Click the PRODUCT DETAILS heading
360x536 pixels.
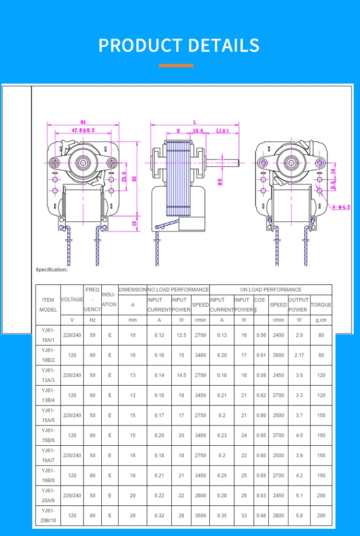point(179,45)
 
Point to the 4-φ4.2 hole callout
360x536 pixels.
point(341,207)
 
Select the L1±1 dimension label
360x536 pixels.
point(222,131)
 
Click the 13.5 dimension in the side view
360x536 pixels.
point(198,131)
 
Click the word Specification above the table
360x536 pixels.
point(52,269)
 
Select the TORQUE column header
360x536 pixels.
point(321,305)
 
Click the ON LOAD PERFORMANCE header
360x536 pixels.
point(271,290)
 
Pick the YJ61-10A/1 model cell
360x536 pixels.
point(48,335)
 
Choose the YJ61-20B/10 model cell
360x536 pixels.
point(48,515)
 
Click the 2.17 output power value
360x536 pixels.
point(299,355)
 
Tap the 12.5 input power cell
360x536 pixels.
point(181,335)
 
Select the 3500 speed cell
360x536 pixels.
point(200,515)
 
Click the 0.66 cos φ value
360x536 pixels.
point(261,515)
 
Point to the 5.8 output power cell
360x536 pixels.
point(299,515)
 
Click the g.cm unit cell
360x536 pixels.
point(321,320)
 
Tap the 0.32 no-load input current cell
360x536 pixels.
point(159,515)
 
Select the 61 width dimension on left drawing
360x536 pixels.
point(83,122)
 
